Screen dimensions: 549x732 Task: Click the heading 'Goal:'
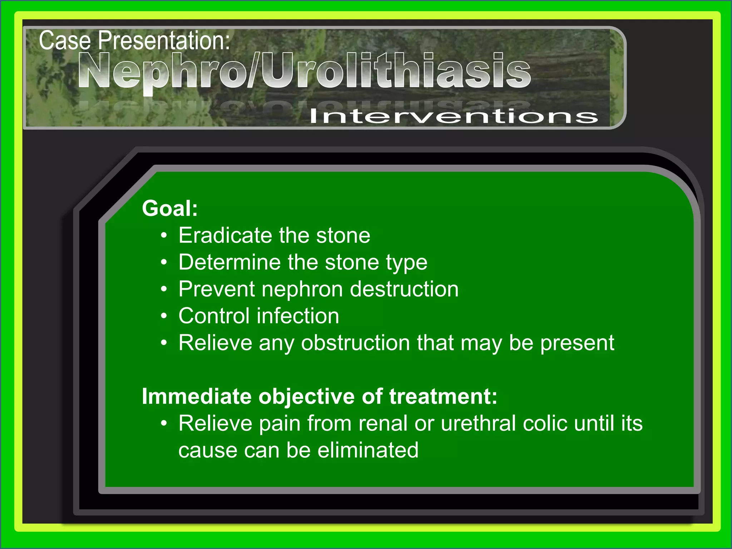[x=170, y=208]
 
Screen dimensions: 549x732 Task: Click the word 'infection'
[x=298, y=316]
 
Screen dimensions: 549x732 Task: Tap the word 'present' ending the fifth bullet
[x=577, y=343]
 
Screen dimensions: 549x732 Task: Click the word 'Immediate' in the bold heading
[x=197, y=396]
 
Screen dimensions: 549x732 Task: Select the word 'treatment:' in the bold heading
[x=443, y=396]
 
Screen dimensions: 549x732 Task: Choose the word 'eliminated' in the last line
[x=368, y=450]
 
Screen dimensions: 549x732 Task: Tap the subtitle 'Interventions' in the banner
[x=453, y=116]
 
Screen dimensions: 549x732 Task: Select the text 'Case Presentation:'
[x=134, y=40]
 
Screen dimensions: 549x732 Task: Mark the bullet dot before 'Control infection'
[x=164, y=316]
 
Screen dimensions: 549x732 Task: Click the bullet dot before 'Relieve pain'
[x=164, y=424]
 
